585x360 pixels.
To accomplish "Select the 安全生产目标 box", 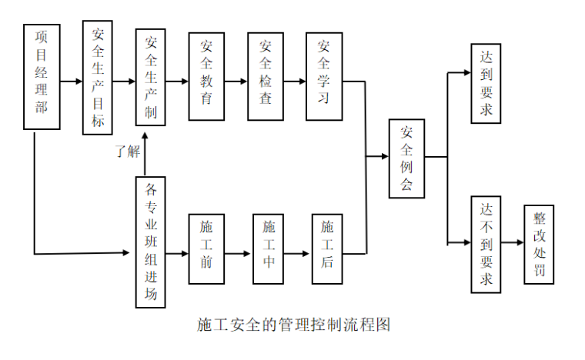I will [x=98, y=78].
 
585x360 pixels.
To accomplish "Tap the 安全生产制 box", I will [x=151, y=78].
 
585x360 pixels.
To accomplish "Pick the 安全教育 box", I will [x=206, y=76].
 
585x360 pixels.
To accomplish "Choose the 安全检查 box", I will [x=266, y=76].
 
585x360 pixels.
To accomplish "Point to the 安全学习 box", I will [x=324, y=76].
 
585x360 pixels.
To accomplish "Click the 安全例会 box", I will [x=406, y=158].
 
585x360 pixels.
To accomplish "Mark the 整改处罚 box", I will [x=538, y=245].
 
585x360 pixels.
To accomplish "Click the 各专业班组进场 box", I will [x=150, y=243].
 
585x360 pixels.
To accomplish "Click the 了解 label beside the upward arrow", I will [x=128, y=152].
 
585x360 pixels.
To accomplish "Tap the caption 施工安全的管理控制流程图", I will [x=293, y=325].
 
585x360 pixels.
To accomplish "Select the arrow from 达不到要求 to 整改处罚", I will [x=512, y=243].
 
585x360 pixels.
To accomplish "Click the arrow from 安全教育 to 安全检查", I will [x=236, y=80].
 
